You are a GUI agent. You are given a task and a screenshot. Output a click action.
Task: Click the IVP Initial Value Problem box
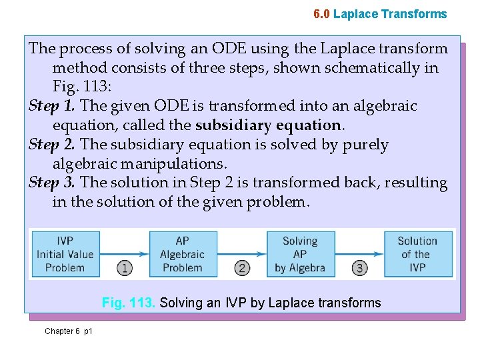coord(65,254)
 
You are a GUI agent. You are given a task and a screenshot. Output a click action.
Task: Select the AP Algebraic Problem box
coord(182,254)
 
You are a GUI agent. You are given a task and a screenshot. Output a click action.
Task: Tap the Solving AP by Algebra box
coord(299,254)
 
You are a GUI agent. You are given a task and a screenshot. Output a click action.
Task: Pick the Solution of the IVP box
coord(417,254)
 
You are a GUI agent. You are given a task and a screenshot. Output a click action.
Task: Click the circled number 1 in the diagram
coord(124,269)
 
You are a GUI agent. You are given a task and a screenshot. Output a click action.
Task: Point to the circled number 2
coord(242,269)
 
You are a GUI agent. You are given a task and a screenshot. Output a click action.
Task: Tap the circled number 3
coord(360,269)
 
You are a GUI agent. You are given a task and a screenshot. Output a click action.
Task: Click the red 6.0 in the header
coord(321,14)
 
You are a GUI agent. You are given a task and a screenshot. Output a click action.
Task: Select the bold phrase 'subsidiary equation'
coord(268,125)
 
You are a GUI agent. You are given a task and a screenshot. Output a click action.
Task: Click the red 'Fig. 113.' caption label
coord(129,303)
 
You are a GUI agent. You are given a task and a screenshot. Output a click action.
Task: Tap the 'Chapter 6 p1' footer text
coord(69,331)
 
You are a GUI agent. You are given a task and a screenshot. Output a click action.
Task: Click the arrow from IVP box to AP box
coord(124,254)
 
